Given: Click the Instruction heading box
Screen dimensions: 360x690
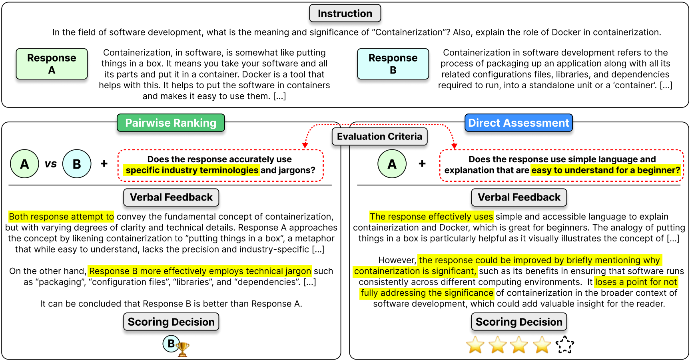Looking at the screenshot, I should point(345,14).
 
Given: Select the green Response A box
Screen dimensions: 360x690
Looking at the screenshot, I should point(52,64).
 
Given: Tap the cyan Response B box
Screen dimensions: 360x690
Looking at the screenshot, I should point(393,64).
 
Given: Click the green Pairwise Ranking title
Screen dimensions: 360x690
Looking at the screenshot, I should point(171,123).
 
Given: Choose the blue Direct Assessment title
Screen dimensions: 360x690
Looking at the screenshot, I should point(518,123).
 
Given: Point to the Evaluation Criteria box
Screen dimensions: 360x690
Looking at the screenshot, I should point(379,137).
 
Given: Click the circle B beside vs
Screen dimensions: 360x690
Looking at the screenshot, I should point(77,164).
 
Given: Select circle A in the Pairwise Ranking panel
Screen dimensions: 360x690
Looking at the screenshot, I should point(24,164).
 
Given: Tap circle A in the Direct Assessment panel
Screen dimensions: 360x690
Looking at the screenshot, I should point(392,164).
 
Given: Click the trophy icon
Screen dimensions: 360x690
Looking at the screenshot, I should point(182,349).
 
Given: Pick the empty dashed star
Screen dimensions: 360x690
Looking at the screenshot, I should point(564,344).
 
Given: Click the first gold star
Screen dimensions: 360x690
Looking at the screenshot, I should point(475,344).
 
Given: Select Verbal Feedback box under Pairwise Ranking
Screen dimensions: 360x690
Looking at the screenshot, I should point(171,197).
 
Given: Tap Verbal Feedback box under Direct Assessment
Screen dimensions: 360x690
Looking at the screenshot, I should point(519,197).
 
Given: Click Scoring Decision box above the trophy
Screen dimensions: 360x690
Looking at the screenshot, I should point(171,322).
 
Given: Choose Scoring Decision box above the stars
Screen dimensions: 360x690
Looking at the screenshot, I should point(519,322).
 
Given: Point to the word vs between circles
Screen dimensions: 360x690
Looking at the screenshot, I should point(51,164).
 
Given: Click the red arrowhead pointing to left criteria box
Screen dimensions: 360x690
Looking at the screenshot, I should point(305,145).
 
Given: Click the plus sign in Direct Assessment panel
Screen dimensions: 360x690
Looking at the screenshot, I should point(422,163).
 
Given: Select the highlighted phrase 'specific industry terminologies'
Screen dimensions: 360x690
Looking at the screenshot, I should point(192,171).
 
